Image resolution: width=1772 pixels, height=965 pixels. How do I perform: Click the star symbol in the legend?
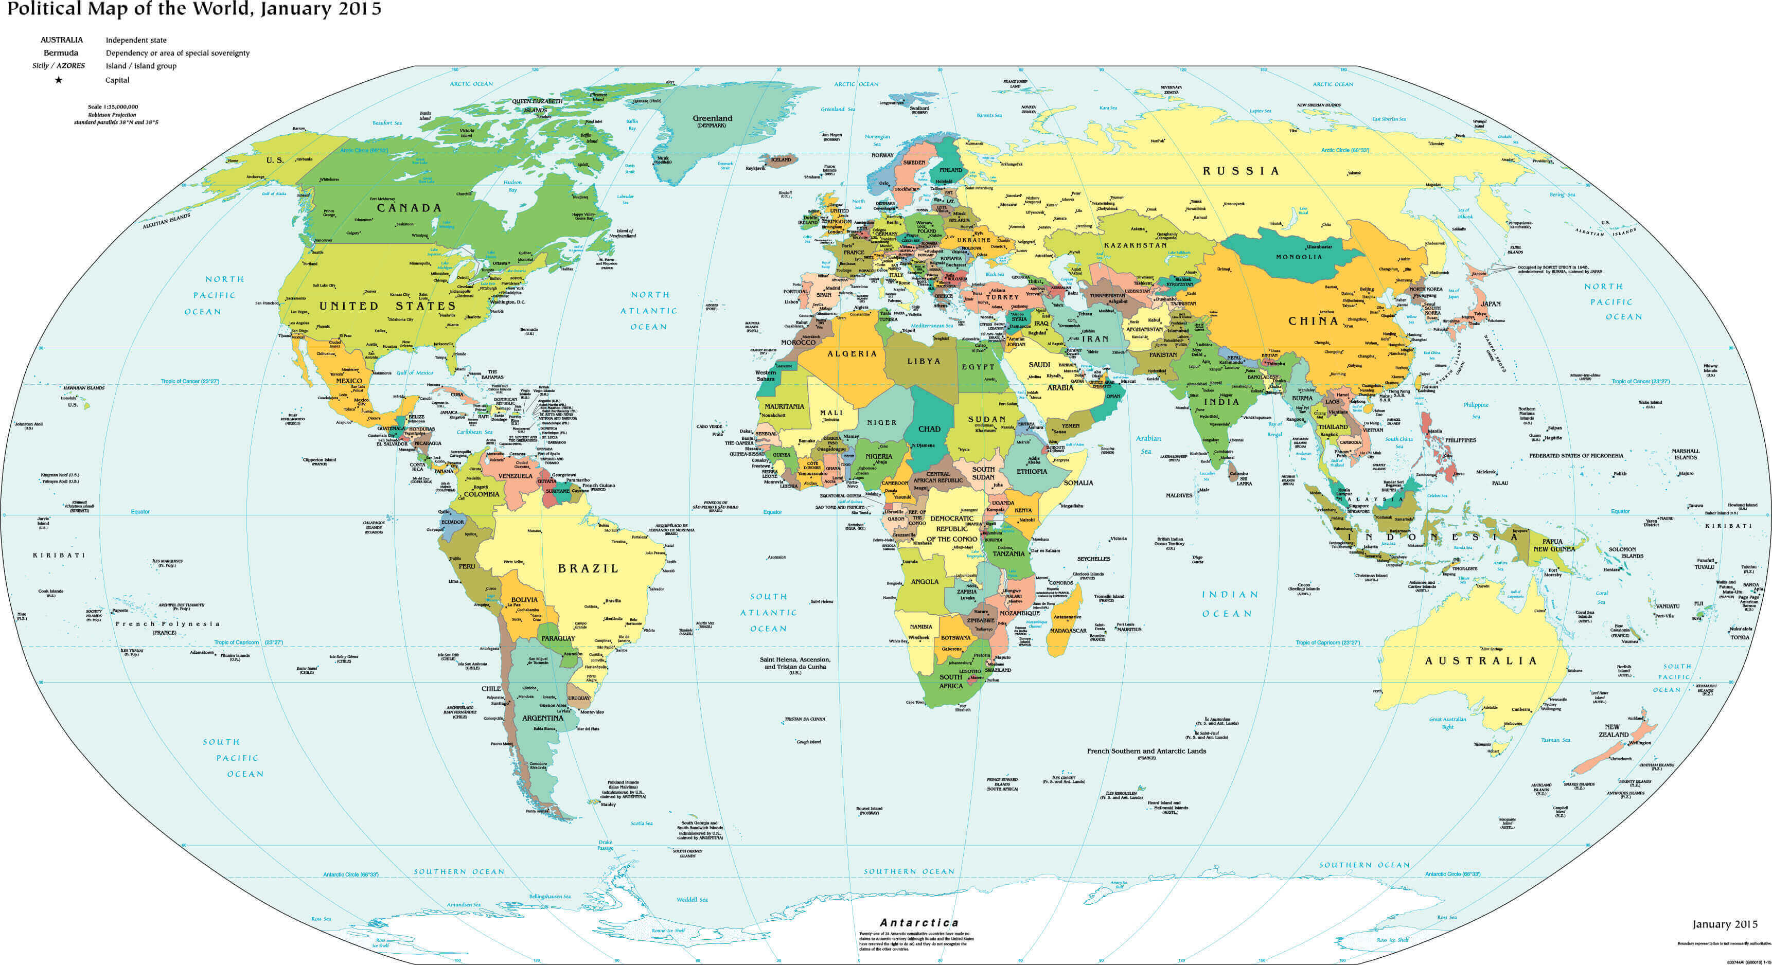59,80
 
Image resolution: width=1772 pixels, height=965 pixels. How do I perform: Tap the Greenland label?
712,118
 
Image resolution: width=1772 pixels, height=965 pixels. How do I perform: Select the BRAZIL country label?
588,569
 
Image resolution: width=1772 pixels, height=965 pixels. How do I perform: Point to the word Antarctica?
919,922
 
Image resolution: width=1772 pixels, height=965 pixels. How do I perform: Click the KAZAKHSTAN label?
1135,245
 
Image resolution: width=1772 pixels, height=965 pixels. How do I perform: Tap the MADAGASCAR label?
1068,631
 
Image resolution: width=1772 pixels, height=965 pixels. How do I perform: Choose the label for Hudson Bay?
512,186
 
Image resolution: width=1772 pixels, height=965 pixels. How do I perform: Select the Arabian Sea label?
1147,444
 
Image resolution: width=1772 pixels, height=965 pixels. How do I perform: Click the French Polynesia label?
167,624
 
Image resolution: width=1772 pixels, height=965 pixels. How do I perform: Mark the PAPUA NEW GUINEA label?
1553,545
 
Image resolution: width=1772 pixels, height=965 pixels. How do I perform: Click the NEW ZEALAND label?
1613,730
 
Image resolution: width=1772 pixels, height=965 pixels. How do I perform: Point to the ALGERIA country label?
852,353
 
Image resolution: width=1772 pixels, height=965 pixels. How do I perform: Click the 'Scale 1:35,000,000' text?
113,106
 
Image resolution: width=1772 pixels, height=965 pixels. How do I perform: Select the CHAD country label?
929,428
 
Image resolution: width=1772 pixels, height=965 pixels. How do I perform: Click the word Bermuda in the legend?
61,53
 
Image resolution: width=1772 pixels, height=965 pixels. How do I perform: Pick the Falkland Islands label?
623,782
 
